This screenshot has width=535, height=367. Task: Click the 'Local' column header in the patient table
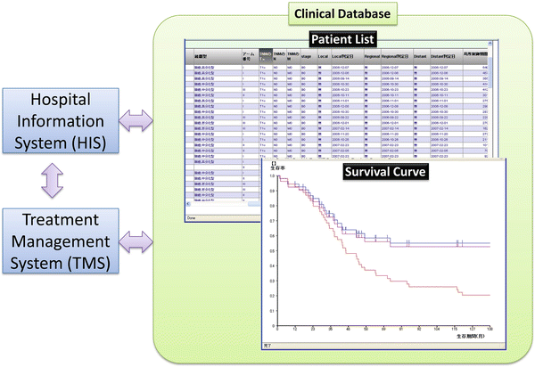322,55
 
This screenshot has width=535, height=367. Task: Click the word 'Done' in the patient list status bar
191,216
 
